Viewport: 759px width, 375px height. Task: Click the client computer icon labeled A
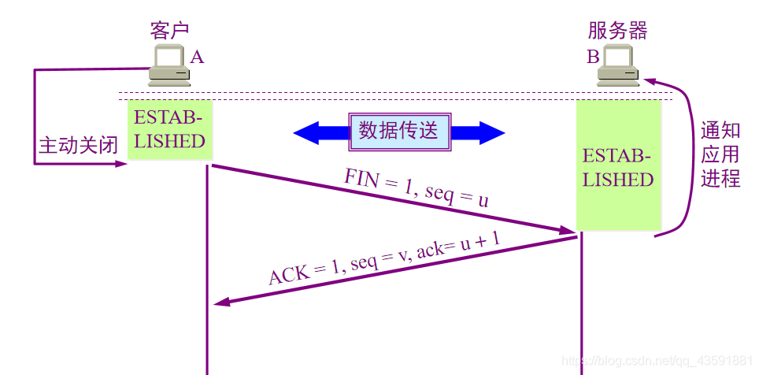[169, 66]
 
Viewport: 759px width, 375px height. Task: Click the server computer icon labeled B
[616, 66]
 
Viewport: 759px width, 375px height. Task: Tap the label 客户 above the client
[169, 31]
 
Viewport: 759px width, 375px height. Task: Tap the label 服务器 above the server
[617, 31]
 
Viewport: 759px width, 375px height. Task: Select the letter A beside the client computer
[197, 57]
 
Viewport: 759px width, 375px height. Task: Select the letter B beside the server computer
[592, 57]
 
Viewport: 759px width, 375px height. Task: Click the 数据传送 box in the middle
[399, 131]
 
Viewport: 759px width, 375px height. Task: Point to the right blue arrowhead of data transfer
[493, 132]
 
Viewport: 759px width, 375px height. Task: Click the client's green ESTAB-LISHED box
[169, 130]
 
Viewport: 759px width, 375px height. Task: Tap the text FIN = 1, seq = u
[416, 187]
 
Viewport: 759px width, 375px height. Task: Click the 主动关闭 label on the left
[78, 146]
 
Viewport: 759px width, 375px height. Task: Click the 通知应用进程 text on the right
[720, 154]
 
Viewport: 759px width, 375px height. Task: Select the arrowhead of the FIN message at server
[572, 231]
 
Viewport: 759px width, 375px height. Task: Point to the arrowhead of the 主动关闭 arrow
[122, 164]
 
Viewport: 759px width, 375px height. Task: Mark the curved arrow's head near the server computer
[650, 80]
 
